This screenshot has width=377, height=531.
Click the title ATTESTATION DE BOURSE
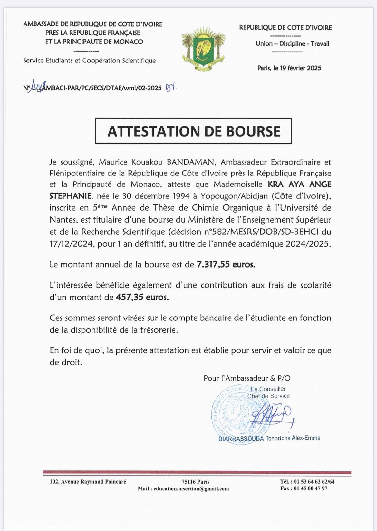tap(194, 131)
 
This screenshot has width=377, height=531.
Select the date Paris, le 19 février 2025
tap(289, 68)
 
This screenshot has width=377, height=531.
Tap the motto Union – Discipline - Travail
tap(292, 43)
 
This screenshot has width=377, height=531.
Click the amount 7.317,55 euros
tap(226, 265)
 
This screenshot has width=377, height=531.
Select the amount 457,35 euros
tap(142, 297)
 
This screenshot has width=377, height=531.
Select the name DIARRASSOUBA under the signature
tap(241, 438)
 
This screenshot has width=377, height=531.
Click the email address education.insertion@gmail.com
tap(191, 489)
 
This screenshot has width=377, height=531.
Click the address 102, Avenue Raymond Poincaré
tap(88, 482)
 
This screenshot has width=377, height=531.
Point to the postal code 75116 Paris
tap(196, 482)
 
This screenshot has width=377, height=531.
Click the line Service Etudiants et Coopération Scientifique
tap(89, 61)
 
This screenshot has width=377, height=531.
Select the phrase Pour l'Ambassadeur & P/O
tap(247, 378)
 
